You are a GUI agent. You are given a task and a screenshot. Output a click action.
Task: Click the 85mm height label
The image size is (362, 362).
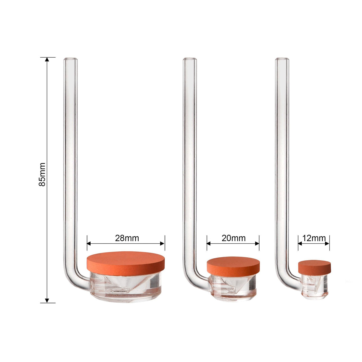(x=42, y=174)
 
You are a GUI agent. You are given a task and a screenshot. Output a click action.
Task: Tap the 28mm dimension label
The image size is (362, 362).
(x=127, y=238)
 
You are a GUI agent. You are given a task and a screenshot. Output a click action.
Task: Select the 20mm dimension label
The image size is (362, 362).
(x=233, y=238)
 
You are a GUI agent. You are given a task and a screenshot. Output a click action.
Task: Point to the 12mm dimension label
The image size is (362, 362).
(x=314, y=238)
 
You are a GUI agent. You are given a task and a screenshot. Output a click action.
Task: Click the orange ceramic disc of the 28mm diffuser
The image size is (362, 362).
(x=126, y=264)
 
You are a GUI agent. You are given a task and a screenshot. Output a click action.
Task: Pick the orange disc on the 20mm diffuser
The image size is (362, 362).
(x=233, y=267)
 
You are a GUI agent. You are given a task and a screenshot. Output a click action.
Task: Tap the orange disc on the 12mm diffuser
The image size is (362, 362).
(x=315, y=268)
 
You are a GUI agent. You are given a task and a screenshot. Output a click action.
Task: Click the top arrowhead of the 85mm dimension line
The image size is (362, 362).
(x=47, y=59)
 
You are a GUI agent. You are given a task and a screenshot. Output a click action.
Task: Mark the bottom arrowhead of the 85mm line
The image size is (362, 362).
(x=47, y=301)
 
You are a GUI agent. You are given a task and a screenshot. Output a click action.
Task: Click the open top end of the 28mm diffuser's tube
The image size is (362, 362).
(x=70, y=59)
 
